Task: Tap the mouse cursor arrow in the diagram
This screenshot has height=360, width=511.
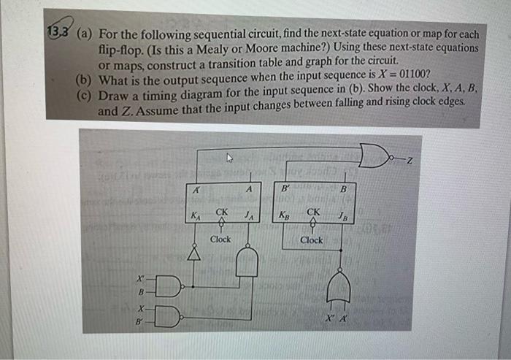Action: (229, 156)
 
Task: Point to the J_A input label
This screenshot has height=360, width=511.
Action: (248, 215)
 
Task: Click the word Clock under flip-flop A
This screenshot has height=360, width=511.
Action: (220, 239)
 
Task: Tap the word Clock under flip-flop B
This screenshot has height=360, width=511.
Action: (311, 240)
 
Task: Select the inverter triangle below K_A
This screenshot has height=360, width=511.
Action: (194, 253)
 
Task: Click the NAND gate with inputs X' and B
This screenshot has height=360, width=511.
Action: (166, 285)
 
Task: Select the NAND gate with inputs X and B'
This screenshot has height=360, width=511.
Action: (166, 315)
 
